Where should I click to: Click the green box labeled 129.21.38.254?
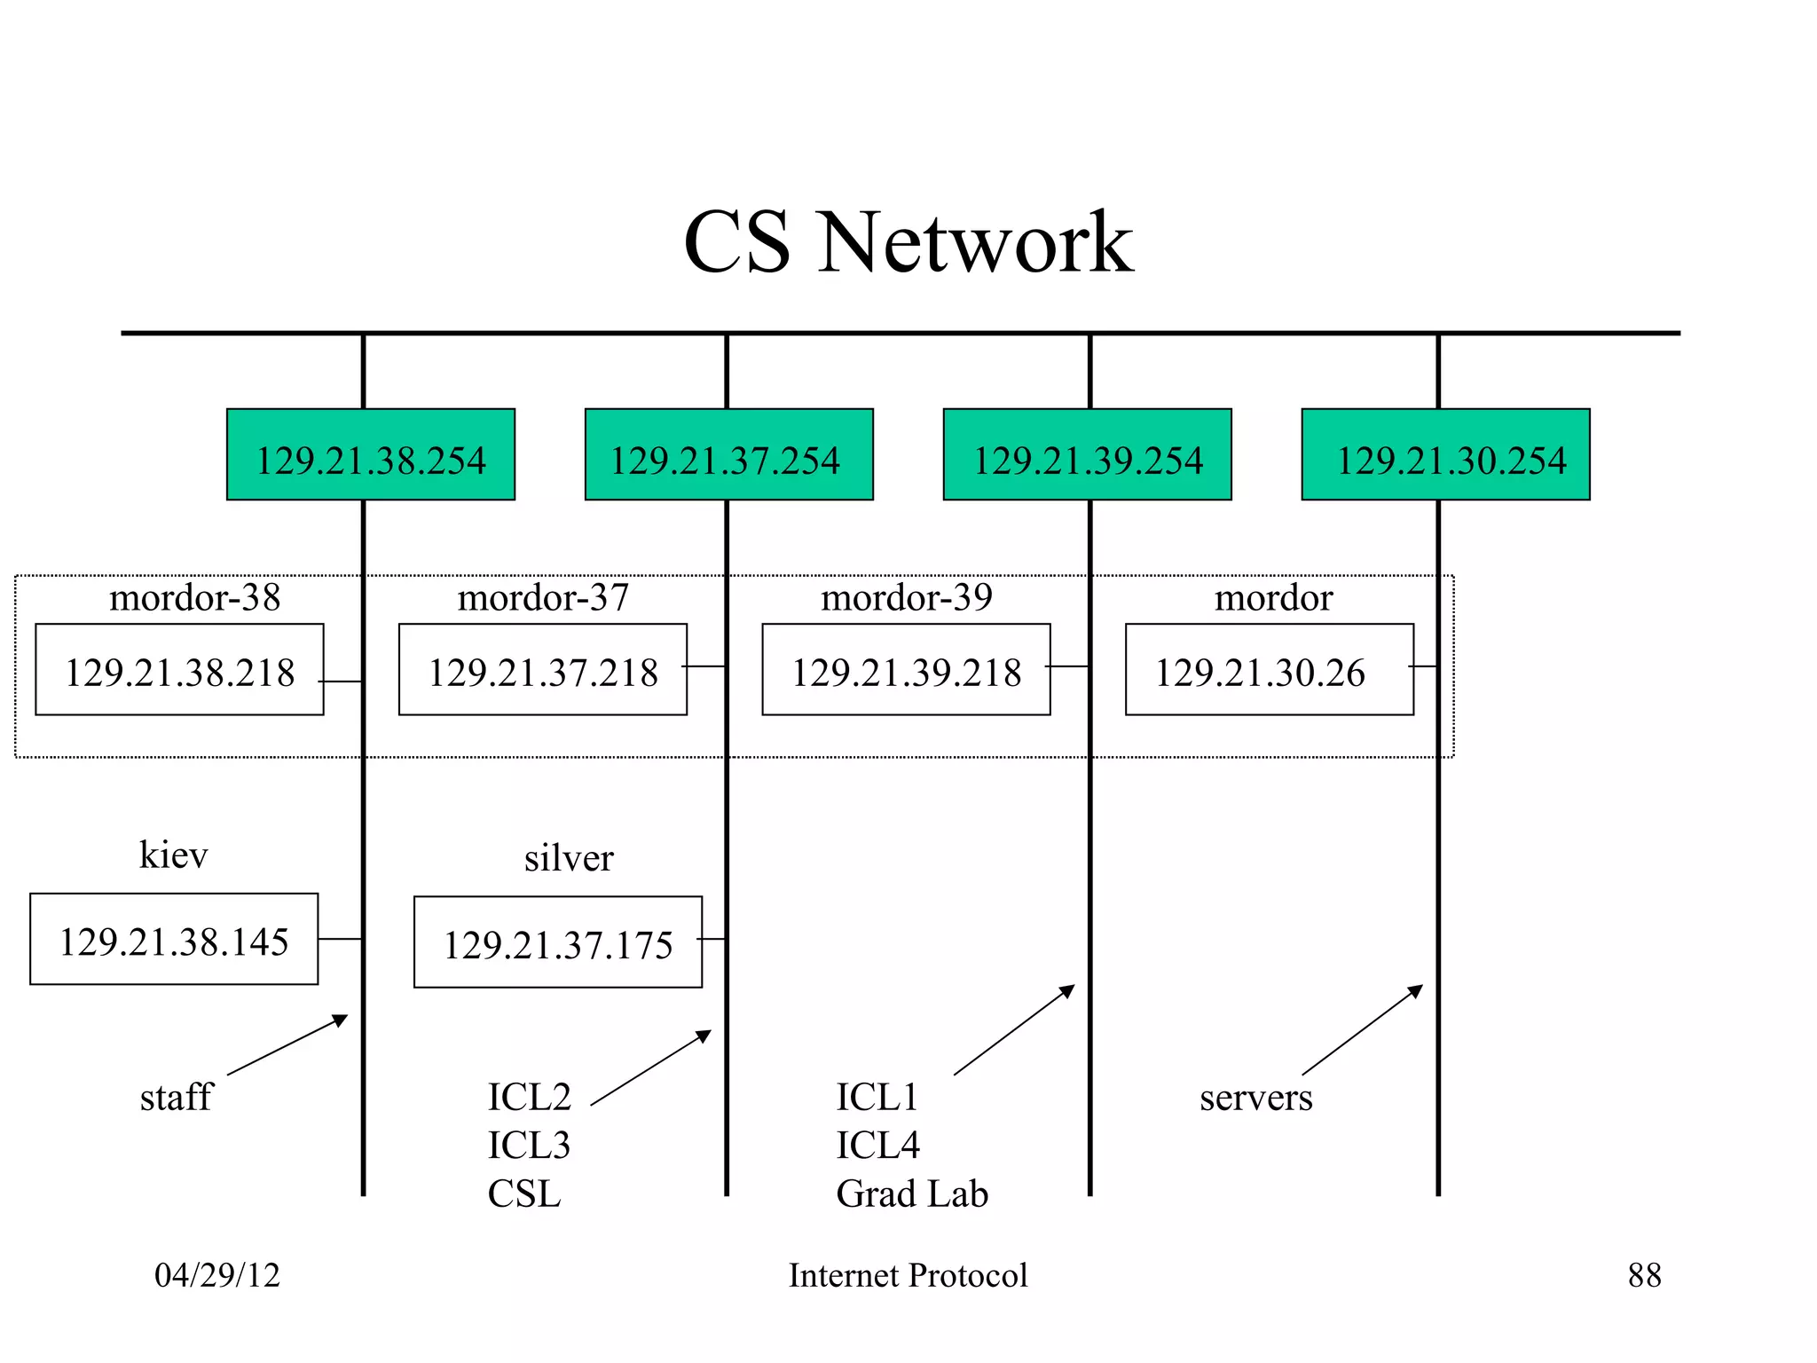[x=371, y=454]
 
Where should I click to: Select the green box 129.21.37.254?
[x=729, y=454]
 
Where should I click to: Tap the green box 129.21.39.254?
[x=1088, y=454]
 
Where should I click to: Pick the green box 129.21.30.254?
[x=1446, y=454]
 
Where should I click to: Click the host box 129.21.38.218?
[x=179, y=670]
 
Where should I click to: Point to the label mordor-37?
[x=543, y=597]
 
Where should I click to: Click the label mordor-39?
[x=907, y=597]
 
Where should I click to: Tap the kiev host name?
[x=174, y=855]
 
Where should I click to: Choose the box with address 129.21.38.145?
[x=174, y=939]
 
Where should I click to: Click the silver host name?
[x=569, y=858]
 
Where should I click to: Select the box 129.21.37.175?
[x=558, y=942]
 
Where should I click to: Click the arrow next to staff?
[x=287, y=1044]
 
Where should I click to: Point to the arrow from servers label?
[x=1363, y=1029]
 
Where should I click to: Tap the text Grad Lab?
[x=912, y=1194]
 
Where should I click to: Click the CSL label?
[x=524, y=1194]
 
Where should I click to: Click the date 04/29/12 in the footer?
[x=217, y=1275]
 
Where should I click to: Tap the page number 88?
[x=1644, y=1275]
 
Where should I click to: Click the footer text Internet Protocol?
[x=908, y=1275]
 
